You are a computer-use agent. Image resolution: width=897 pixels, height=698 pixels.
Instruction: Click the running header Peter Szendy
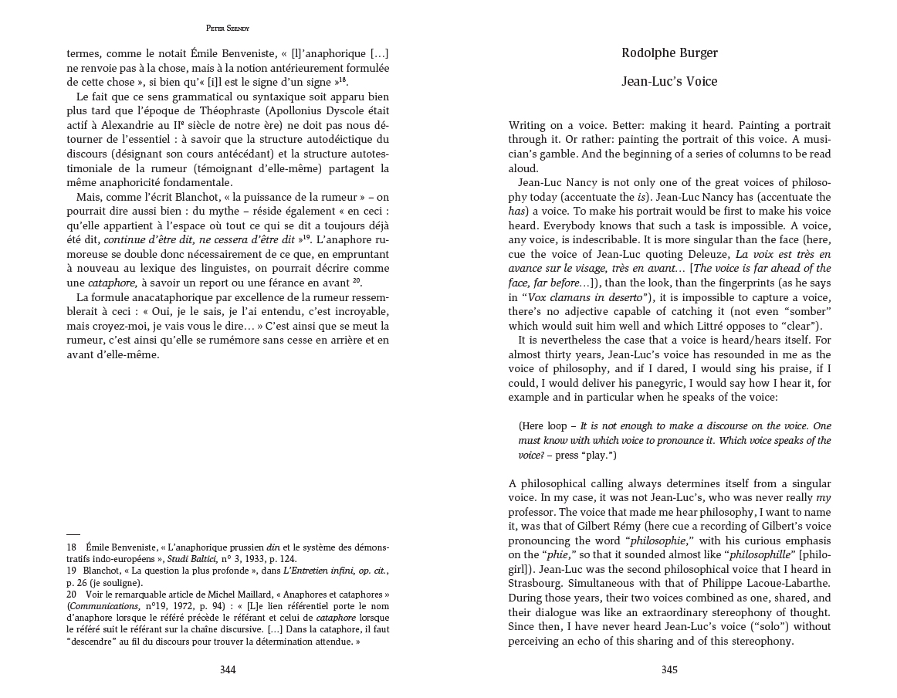coord(228,28)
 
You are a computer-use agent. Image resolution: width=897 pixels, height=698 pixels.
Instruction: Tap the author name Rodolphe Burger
coord(669,53)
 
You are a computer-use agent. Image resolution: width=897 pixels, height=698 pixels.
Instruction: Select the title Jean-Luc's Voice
coord(669,81)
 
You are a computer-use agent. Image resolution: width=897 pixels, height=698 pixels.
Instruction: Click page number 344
coord(228,670)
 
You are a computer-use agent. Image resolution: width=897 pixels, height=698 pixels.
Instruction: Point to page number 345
coord(669,670)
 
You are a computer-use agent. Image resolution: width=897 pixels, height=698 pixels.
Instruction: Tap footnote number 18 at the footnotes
coord(71,547)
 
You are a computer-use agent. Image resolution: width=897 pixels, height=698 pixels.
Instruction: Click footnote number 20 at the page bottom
coord(71,595)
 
